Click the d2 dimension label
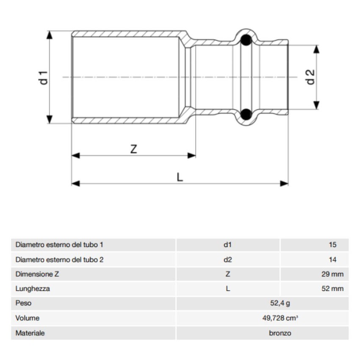(311, 77)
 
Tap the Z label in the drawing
(133, 149)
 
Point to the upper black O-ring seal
(246, 40)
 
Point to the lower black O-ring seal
(246, 114)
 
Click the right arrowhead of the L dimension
(284, 183)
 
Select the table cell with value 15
(332, 245)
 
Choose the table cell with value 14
(332, 260)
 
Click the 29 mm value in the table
(332, 274)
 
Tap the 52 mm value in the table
(332, 289)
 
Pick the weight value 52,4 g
(280, 303)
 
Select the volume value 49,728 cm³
(280, 318)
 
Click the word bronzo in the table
(280, 333)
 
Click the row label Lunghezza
(33, 289)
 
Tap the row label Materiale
(30, 333)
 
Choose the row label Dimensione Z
(37, 274)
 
